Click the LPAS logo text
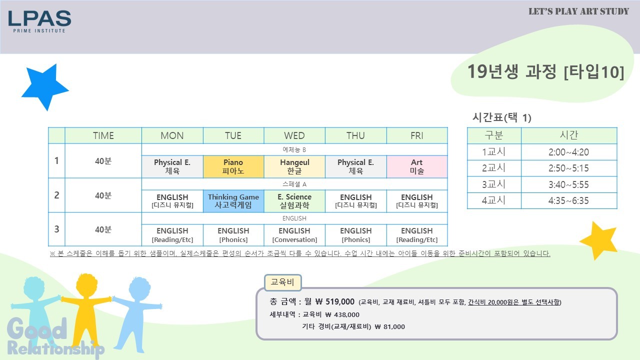[x=39, y=18]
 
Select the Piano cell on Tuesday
[x=233, y=166]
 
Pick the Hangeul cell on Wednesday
[x=294, y=166]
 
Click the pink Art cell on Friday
[x=417, y=166]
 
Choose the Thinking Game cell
[x=233, y=201]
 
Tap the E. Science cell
[x=294, y=201]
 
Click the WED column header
[x=294, y=135]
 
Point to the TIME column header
[x=103, y=135]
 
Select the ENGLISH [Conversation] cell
[x=294, y=235]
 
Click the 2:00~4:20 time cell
[x=569, y=152]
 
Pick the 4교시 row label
[x=494, y=200]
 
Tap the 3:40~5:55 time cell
[x=569, y=184]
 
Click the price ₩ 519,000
[x=335, y=301]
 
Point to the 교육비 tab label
[x=282, y=282]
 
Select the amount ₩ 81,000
[x=389, y=326]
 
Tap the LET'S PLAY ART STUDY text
[x=579, y=11]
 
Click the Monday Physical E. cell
[x=172, y=166]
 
